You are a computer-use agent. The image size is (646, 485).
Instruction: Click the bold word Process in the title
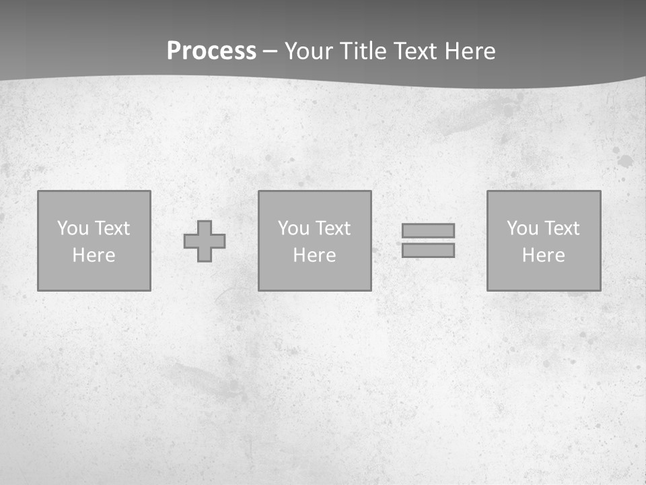tap(211, 51)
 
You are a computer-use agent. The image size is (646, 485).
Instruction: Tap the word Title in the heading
tap(362, 51)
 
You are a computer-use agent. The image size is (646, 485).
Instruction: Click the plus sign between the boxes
tap(205, 241)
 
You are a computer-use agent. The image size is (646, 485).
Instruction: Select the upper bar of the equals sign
tap(428, 230)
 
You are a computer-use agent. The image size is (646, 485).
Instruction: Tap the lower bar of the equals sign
tap(428, 251)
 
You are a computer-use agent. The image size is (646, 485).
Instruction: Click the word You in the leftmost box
tap(73, 228)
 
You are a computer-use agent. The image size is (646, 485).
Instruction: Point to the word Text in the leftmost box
tap(112, 228)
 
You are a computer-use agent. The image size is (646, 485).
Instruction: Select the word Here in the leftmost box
tap(94, 255)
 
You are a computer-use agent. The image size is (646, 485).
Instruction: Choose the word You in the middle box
tap(293, 228)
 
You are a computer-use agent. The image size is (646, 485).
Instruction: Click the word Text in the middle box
tap(332, 228)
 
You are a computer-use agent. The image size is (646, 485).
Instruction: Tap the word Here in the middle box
tap(314, 255)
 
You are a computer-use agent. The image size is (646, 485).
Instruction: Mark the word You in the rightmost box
tap(522, 228)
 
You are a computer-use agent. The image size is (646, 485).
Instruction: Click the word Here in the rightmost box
tap(543, 255)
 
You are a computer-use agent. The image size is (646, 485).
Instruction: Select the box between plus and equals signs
tap(314, 276)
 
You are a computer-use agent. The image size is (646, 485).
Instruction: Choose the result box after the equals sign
tap(543, 276)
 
